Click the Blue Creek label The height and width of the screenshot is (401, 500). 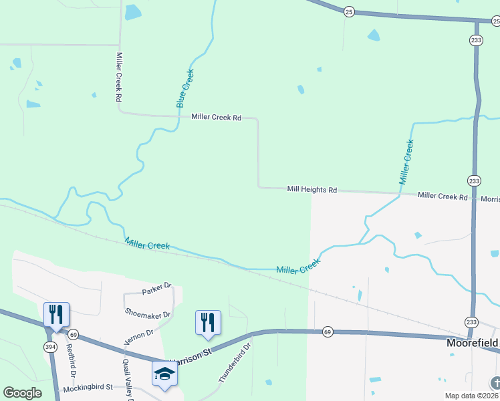click(185, 88)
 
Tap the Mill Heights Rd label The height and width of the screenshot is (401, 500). click(311, 190)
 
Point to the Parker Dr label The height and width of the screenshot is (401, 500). click(157, 292)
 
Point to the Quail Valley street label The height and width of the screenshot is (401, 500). click(126, 380)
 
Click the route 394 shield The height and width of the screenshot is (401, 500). click(49, 346)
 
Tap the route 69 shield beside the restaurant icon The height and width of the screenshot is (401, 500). click(73, 334)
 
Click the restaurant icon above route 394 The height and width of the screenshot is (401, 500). click(55, 313)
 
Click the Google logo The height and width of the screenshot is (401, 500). click(22, 393)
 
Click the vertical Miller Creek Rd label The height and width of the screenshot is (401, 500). click(119, 77)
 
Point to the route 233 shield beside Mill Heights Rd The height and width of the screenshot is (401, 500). click(473, 181)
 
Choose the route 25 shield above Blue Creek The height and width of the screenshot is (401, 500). click(348, 11)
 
